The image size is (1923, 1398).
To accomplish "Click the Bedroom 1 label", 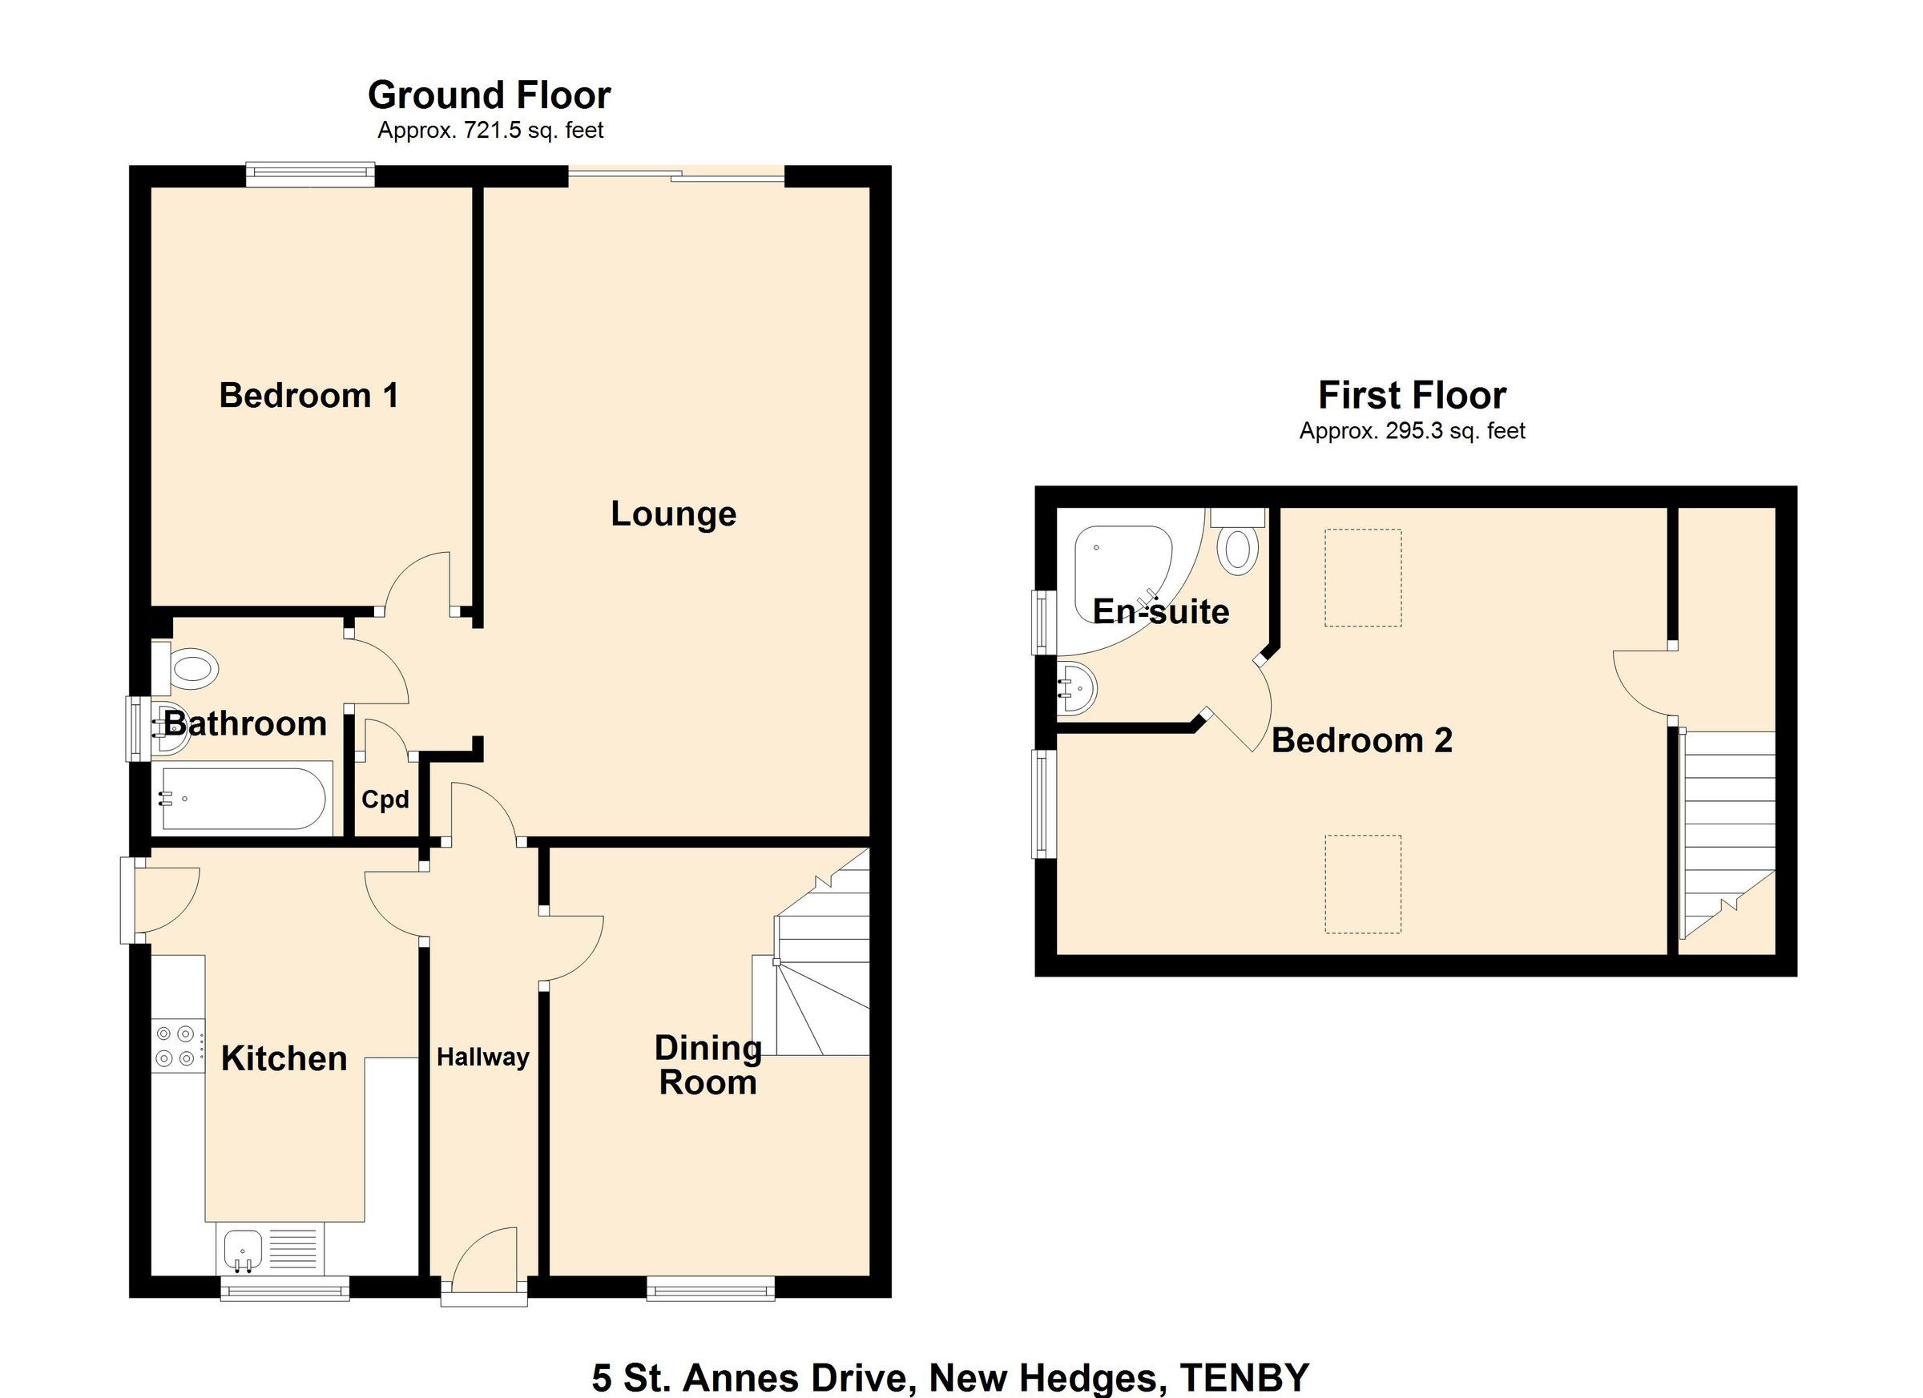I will tap(308, 396).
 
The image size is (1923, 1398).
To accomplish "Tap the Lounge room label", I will tap(673, 514).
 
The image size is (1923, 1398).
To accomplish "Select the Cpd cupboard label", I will tap(385, 800).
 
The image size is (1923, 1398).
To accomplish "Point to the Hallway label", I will tap(482, 1058).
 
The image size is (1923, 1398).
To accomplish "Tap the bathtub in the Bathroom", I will tap(243, 799).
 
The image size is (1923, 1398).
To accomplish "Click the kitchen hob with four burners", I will tap(176, 1045).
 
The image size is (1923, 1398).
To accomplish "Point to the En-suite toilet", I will tap(1237, 549).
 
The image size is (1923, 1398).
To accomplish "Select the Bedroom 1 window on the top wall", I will tap(310, 175).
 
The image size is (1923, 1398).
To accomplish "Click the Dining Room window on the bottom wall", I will tap(711, 1290).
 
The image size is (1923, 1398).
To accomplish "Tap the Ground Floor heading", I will tap(490, 95).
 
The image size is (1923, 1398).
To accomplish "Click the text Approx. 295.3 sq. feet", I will tap(1412, 432).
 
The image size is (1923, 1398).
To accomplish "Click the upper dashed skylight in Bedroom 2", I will tap(1363, 578).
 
